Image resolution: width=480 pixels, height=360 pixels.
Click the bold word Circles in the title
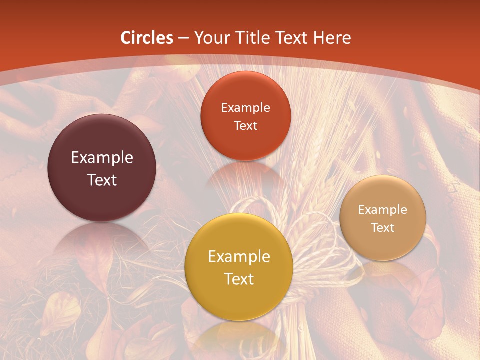146,38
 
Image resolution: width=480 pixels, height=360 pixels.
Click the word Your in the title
210,38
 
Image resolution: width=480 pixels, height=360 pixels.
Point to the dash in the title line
183,38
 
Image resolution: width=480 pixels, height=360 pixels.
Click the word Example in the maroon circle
102,158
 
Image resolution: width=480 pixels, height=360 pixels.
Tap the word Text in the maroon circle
102,180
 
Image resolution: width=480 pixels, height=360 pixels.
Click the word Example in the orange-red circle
245,107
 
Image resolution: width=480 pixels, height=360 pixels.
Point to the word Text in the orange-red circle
245,125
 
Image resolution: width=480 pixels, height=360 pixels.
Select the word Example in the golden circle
239,257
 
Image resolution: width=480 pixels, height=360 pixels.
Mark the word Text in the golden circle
239,279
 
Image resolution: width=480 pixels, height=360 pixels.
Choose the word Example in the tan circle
382,209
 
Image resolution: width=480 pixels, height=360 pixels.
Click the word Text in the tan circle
382,227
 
